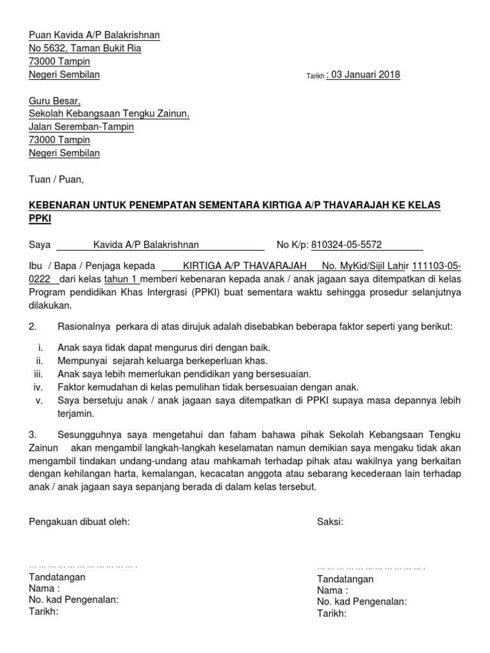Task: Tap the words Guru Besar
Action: pyautogui.click(x=55, y=101)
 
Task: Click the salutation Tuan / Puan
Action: pyautogui.click(x=56, y=179)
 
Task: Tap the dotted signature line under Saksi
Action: pyautogui.click(x=371, y=567)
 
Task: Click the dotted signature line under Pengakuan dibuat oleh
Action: pyautogui.click(x=83, y=565)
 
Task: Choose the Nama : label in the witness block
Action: pyautogui.click(x=332, y=591)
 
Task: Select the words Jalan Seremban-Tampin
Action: pyautogui.click(x=82, y=127)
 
